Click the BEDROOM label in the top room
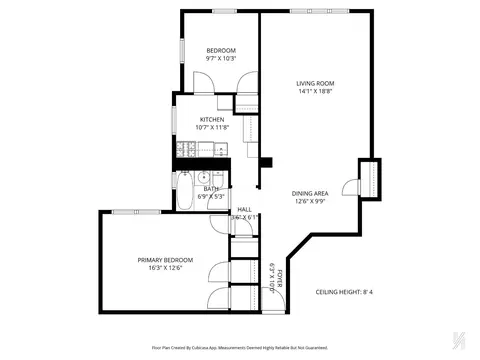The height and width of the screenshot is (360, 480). (221, 51)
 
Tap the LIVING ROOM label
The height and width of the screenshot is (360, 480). (315, 83)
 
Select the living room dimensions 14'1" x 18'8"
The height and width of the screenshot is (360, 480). (315, 92)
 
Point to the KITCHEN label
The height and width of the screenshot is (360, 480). (211, 119)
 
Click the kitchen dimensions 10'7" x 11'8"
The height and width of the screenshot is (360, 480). (211, 127)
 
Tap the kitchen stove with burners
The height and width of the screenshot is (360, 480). (184, 151)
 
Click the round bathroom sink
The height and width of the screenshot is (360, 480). (202, 177)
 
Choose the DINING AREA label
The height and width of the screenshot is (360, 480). (310, 193)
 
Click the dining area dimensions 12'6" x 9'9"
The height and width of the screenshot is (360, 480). (310, 201)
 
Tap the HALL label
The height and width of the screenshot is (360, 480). (244, 209)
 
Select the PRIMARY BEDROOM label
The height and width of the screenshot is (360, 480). (165, 259)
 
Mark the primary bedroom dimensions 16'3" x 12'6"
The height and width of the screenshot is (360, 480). (165, 267)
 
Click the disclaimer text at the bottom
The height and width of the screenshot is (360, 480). (240, 347)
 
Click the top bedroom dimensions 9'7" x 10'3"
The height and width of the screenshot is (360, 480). (221, 59)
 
